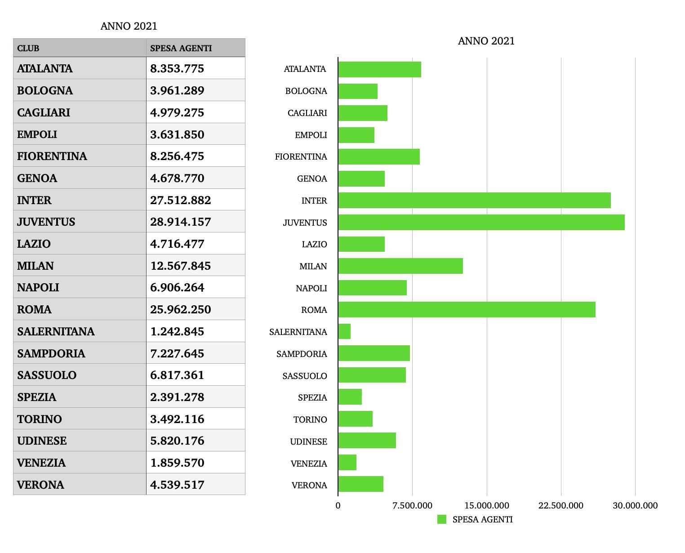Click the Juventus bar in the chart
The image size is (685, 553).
tap(481, 223)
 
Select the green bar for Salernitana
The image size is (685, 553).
tap(344, 332)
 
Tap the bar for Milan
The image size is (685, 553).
tap(400, 266)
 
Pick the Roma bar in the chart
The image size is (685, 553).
tap(467, 310)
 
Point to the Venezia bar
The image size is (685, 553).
tap(347, 463)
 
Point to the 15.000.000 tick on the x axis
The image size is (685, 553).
tap(487, 505)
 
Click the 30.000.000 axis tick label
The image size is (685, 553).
tap(635, 505)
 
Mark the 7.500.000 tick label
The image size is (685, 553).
tap(413, 505)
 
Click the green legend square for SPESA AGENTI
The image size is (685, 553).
tap(442, 520)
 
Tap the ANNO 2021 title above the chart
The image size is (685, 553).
tap(486, 41)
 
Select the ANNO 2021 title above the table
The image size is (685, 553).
tap(129, 26)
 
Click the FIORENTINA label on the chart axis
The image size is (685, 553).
tap(301, 157)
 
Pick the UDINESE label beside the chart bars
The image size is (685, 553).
tap(308, 442)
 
